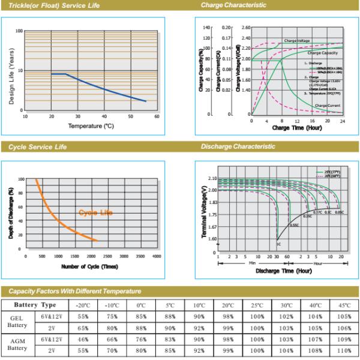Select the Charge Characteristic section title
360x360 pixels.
233,5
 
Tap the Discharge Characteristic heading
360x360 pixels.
238,146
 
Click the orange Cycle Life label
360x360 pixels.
95,212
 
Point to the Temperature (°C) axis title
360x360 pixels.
91,126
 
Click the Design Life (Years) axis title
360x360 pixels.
11,71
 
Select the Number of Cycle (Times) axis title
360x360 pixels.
91,266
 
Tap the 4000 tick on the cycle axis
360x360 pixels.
157,256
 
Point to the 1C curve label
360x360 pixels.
278,245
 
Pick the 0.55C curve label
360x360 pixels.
294,225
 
